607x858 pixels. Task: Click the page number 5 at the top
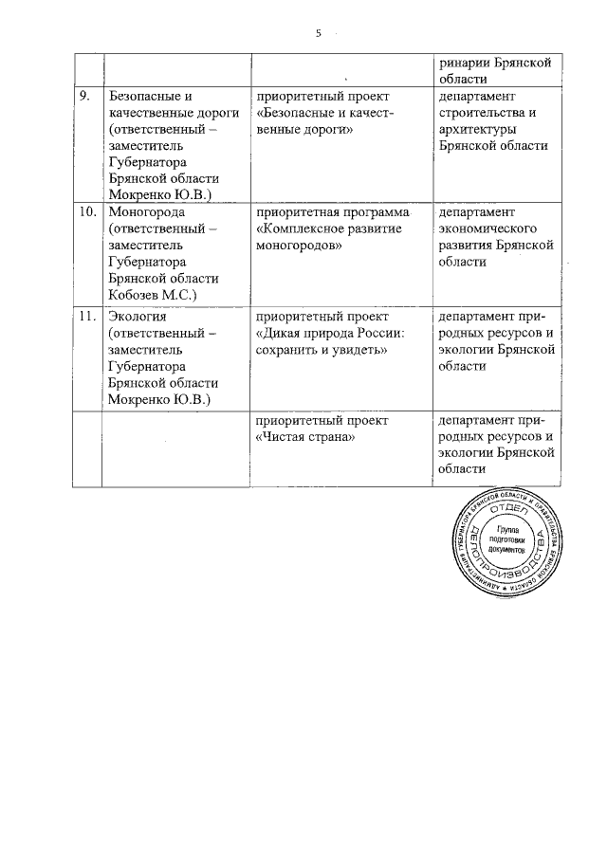click(320, 34)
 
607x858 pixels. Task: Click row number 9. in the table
click(84, 97)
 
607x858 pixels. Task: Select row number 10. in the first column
click(87, 211)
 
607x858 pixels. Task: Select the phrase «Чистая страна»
click(299, 437)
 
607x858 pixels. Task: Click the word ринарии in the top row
click(462, 63)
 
